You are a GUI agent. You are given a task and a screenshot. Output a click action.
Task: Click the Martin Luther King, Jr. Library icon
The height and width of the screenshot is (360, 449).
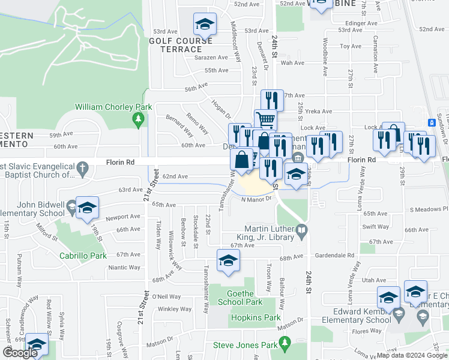(302, 230)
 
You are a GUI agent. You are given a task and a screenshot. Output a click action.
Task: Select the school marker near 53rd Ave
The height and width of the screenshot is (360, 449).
(205, 25)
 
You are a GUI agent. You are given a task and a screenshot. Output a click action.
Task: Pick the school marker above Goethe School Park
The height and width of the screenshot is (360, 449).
(228, 261)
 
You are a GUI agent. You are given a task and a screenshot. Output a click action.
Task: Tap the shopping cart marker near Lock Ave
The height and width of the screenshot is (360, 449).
(265, 118)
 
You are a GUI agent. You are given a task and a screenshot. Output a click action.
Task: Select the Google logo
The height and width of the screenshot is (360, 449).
(20, 353)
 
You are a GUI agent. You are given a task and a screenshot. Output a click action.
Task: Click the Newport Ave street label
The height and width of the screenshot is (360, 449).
(124, 217)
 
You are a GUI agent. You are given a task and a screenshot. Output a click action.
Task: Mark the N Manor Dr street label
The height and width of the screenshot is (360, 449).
(256, 199)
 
